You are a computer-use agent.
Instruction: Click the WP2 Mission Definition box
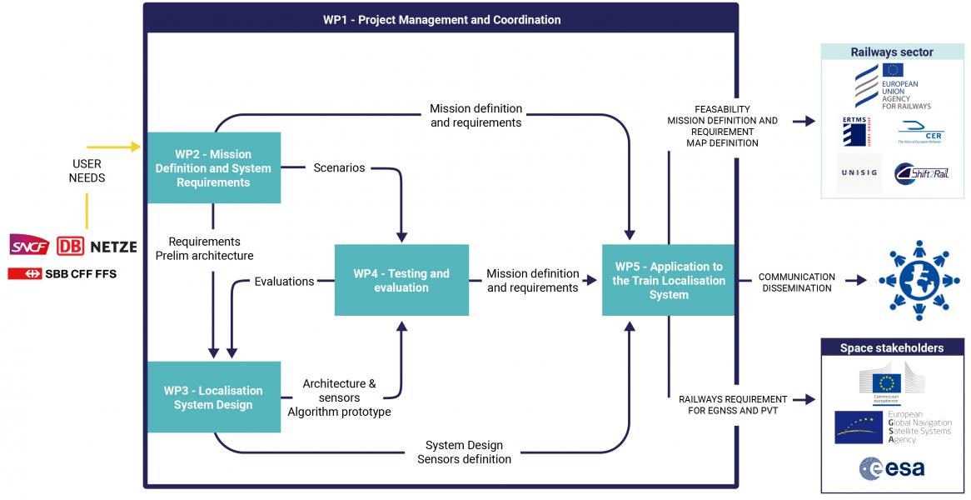tap(213, 167)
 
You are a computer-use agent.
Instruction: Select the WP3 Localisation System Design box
tap(213, 397)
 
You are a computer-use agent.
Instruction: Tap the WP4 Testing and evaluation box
tap(401, 280)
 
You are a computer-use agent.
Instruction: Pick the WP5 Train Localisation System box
tap(669, 280)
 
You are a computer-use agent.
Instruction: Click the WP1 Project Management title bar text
tap(441, 19)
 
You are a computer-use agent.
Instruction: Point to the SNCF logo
tap(30, 245)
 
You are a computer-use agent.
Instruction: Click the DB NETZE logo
tap(97, 247)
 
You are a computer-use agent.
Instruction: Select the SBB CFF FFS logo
tap(62, 273)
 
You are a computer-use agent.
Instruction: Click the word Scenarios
tap(339, 167)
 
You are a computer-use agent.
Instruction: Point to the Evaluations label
tap(284, 282)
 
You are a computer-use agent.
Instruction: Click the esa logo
tap(892, 468)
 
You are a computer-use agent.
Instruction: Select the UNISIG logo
tap(859, 172)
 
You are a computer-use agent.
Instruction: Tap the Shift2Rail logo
tap(922, 172)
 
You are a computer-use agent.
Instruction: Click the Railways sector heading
tap(892, 52)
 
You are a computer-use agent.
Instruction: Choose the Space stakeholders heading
tap(892, 347)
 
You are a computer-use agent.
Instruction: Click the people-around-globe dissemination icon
tap(919, 280)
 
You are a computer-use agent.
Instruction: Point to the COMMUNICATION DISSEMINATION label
tap(796, 282)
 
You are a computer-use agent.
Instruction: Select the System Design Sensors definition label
tap(464, 452)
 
